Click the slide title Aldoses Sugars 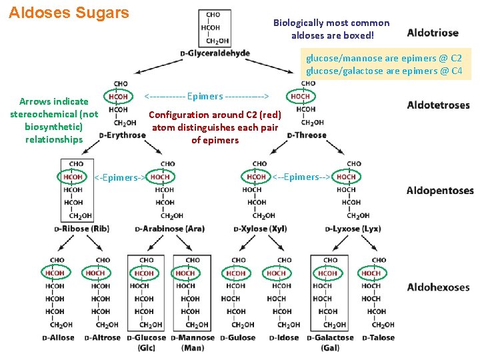69,13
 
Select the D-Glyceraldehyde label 215,53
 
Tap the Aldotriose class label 432,33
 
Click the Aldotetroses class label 438,105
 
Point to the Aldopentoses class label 440,191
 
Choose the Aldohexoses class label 439,287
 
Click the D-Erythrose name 122,135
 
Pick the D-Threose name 307,135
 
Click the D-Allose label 59,337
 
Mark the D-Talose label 378,337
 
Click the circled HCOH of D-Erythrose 118,97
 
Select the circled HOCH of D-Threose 300,97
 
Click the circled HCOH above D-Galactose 327,273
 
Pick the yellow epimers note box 384,64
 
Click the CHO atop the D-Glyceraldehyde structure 213,15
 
